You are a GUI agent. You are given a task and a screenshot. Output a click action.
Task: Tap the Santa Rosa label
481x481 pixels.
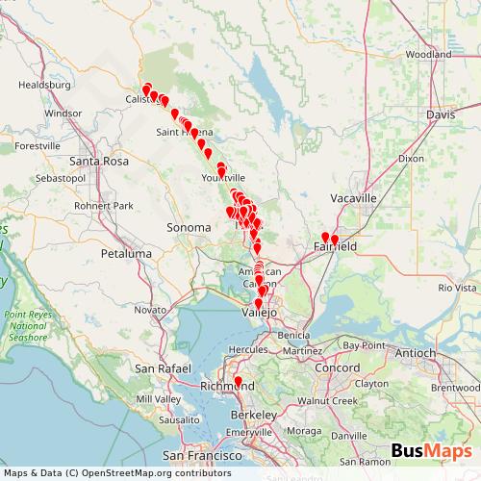[x=100, y=161]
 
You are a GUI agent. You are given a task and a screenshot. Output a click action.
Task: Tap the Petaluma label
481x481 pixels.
[x=129, y=253]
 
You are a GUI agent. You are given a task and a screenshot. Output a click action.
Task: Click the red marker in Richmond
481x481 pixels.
[x=239, y=382]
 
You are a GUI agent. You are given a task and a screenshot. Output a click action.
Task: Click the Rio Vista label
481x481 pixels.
[x=457, y=288]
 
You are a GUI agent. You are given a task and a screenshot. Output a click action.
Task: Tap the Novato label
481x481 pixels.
[x=151, y=310]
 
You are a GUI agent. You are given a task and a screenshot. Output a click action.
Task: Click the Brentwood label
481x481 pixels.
[x=455, y=388]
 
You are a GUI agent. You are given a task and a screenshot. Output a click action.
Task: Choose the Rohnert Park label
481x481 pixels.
[x=104, y=205]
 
